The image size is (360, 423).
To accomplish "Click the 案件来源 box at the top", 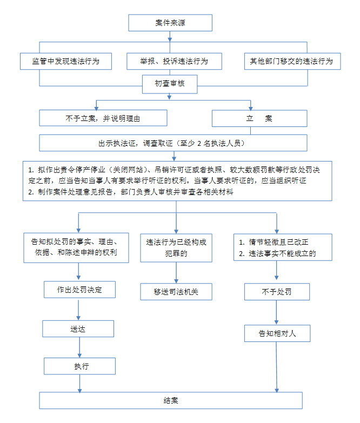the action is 170,23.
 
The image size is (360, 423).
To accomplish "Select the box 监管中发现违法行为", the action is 66,61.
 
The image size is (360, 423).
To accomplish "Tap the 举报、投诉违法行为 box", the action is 175,61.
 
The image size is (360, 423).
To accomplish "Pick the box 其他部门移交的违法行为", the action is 292,61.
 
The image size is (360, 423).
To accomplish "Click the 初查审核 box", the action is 170,84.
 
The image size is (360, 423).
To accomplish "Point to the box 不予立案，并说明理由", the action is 103,118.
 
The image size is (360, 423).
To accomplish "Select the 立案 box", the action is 259,118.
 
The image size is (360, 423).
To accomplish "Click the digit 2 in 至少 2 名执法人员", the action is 199,143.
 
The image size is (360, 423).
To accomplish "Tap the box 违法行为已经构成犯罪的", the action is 176,248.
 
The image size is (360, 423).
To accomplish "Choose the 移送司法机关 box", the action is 176,292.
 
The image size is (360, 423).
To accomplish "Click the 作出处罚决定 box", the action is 79,290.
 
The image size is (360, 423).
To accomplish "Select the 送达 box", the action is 78,329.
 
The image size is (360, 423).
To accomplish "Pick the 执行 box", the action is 79,366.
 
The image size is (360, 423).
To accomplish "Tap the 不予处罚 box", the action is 277,292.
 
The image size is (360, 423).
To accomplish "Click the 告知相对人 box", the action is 277,333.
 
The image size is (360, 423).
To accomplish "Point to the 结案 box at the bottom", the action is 171,400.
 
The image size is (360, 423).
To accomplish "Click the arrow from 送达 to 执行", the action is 79,347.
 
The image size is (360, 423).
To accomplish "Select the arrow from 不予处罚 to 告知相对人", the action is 276,312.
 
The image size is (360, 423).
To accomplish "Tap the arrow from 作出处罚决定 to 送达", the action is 78,309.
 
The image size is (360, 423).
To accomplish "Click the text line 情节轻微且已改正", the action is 278,242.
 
